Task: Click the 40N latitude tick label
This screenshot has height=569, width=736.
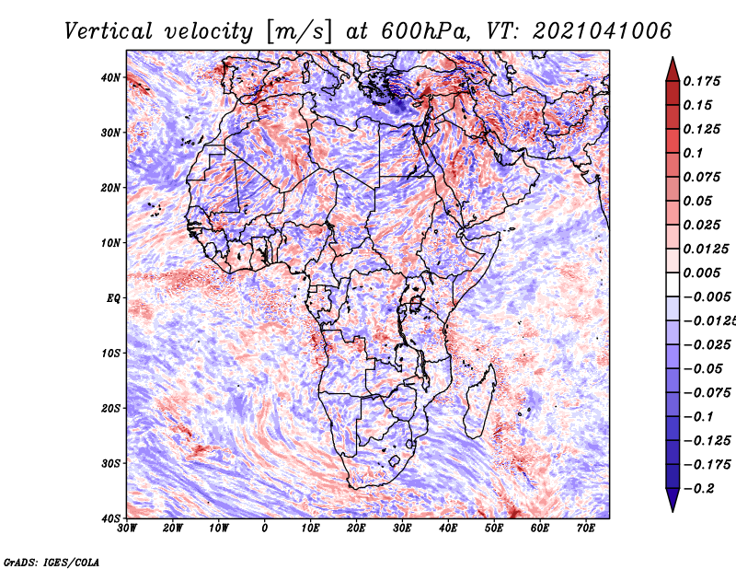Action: click(x=110, y=77)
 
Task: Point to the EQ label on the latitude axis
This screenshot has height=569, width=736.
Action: click(x=113, y=298)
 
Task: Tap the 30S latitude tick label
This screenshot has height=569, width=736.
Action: click(x=110, y=464)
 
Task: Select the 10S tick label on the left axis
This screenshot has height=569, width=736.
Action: click(x=110, y=354)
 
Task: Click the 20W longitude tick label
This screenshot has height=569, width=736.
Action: click(x=173, y=528)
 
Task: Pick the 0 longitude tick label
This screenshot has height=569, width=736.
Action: click(x=265, y=528)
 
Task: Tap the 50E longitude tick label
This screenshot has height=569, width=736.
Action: click(x=494, y=528)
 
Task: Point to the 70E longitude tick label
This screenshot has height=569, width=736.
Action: click(x=586, y=528)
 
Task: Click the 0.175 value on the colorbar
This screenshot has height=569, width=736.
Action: click(x=702, y=82)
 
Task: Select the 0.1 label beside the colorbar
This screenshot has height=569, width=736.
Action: click(x=694, y=154)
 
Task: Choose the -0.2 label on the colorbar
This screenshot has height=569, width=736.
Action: click(x=699, y=489)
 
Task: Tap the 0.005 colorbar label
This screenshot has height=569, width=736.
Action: click(x=702, y=273)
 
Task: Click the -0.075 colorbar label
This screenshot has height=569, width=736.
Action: click(x=707, y=393)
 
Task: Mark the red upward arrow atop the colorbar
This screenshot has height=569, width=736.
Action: click(x=673, y=70)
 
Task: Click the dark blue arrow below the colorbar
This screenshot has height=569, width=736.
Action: click(x=673, y=500)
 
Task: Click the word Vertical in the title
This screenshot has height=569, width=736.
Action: click(x=109, y=31)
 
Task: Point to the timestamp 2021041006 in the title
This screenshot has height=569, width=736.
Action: click(x=603, y=31)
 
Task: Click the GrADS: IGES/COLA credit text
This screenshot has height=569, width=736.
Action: click(x=52, y=563)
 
